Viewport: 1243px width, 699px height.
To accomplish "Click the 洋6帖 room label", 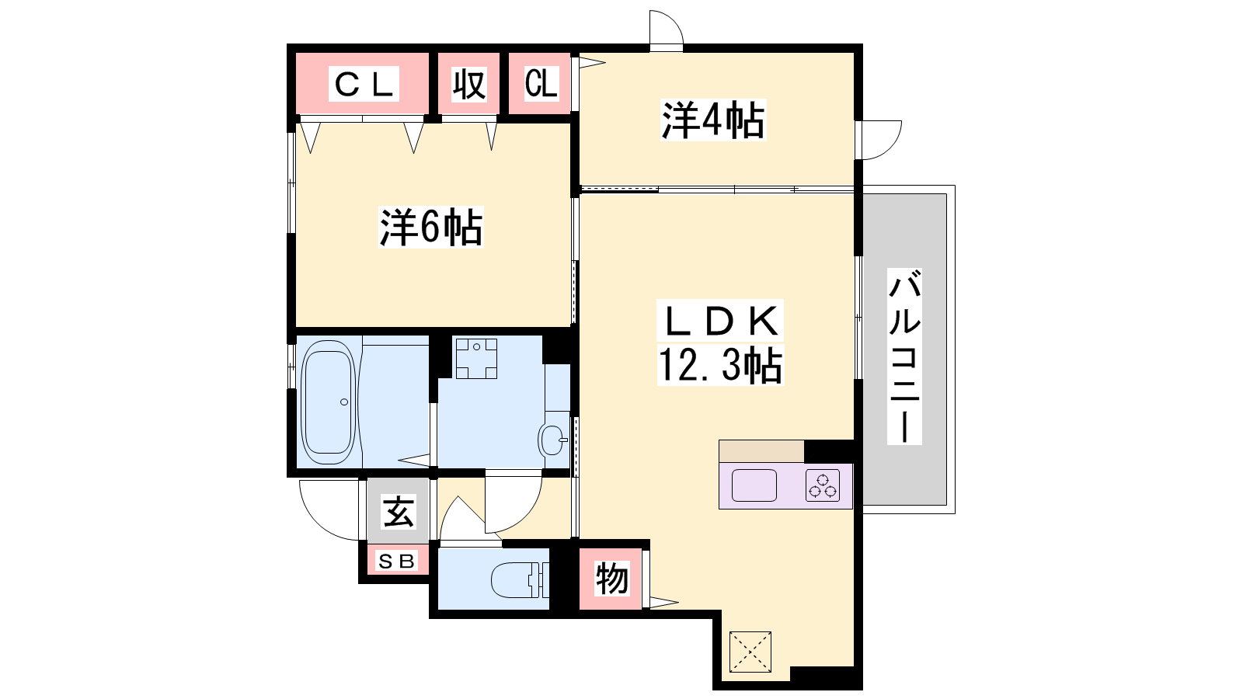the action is (430, 227).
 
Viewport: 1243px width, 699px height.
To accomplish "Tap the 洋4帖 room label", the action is (713, 120).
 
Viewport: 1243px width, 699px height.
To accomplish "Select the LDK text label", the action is (719, 322).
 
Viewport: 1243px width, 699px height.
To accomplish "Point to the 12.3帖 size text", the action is (720, 365).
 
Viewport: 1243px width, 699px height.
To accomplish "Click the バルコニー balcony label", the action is (904, 356).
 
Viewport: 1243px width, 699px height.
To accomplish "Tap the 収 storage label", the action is (469, 85).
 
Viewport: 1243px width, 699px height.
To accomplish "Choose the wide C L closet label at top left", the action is (364, 84).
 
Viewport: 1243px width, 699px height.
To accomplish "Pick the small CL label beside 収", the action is (541, 84).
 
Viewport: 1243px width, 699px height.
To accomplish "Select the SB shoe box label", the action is (396, 562).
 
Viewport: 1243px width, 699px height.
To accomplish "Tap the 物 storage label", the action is (611, 579).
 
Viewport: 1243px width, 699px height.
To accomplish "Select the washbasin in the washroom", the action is (553, 440).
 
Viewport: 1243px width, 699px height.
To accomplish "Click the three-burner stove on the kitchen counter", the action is (823, 485).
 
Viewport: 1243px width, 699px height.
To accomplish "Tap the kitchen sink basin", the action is (754, 485).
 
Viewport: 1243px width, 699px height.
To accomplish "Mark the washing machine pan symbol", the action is (476, 358).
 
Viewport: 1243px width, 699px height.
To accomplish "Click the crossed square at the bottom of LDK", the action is (750, 652).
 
